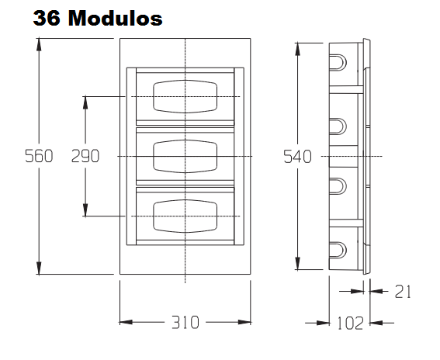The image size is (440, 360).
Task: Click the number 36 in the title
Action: click(x=47, y=19)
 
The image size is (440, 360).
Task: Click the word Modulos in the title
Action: click(x=115, y=19)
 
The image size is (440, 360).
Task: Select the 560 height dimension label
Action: click(x=39, y=156)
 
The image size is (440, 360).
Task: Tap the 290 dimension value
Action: click(x=85, y=156)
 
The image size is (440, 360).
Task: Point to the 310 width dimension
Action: click(x=185, y=322)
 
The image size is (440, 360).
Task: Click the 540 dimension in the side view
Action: click(x=297, y=157)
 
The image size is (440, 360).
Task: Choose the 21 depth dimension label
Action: click(x=403, y=292)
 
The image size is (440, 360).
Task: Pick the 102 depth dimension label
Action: click(x=351, y=323)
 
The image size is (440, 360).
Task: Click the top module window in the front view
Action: click(x=185, y=96)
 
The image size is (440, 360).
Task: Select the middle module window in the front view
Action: click(x=185, y=156)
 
